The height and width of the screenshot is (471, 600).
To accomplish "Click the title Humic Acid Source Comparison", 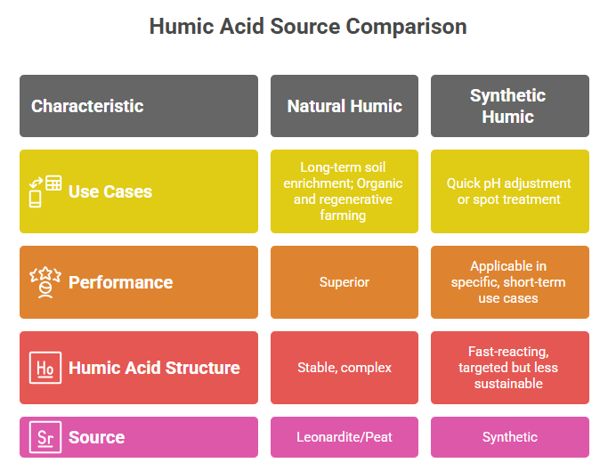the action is [x=308, y=27].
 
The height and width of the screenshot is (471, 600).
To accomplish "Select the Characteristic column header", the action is [x=139, y=106].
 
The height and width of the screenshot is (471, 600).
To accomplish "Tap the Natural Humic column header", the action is [x=345, y=106].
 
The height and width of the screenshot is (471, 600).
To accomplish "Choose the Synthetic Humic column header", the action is [x=510, y=106].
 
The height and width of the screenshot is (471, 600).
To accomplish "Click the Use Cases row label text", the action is [x=110, y=191].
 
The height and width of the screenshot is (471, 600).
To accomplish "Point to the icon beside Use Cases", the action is [x=45, y=191].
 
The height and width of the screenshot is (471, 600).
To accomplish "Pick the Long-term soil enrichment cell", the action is [x=345, y=191].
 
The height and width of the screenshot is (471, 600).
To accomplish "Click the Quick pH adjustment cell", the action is [x=510, y=191].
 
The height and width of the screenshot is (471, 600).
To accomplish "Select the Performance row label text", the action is [x=120, y=282].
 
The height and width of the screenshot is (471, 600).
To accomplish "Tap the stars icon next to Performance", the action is [x=45, y=282].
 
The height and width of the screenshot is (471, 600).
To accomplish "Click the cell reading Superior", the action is [x=345, y=282].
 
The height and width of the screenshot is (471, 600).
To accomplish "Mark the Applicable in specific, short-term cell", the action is [x=510, y=282].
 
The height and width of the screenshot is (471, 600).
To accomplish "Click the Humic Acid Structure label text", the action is [x=154, y=368].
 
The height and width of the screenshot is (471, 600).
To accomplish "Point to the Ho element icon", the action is [x=45, y=368].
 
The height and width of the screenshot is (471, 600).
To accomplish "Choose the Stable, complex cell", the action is [x=345, y=368].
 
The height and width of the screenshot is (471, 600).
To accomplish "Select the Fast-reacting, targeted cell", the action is [x=510, y=368].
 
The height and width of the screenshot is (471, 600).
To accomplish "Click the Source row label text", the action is [x=96, y=437].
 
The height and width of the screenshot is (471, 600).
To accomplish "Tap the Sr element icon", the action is [x=45, y=437].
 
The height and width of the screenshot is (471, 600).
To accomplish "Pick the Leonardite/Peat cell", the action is [x=345, y=437].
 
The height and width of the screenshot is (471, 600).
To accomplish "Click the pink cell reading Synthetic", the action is [x=510, y=437].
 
